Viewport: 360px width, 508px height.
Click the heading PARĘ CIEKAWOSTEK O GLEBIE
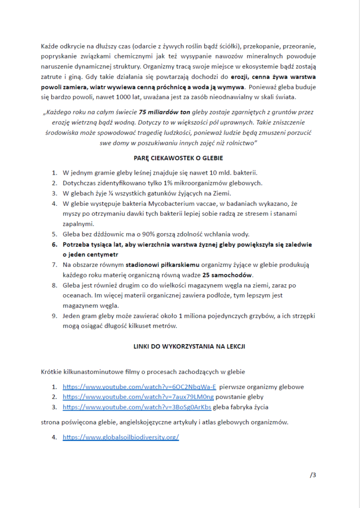pos(180,158)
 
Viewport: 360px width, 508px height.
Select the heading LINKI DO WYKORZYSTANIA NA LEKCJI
pos(180,346)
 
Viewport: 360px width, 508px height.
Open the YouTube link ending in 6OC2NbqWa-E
pos(140,387)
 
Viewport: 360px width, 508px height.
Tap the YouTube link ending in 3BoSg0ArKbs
pos(137,407)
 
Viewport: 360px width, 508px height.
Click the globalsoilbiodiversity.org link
pos(121,438)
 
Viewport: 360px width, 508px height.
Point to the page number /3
pos(313,475)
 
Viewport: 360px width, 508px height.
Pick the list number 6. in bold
pos(55,245)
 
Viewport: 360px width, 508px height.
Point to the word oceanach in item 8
pos(78,296)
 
